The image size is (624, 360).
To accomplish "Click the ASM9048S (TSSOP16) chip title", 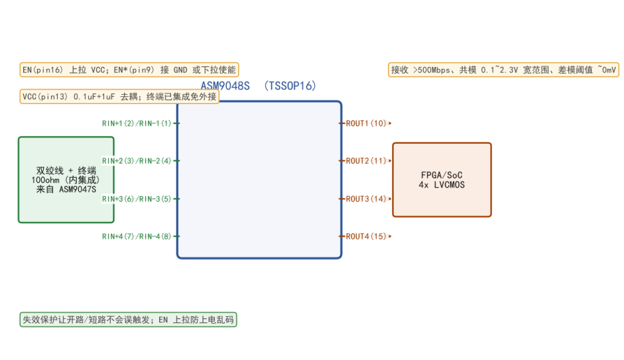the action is point(258,86).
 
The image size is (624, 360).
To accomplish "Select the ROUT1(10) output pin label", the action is point(366,123).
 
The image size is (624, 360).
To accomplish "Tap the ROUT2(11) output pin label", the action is point(366,160).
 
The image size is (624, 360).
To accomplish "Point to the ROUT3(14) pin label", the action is point(366,198).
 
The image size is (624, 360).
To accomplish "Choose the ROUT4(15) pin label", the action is point(366,236).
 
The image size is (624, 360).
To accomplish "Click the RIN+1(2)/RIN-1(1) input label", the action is point(137,123).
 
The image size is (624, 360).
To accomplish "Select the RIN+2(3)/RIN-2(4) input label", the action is point(137,160).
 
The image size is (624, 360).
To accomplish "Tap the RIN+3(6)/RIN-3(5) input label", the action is point(137,198).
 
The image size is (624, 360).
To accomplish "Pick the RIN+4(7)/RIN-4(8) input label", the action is point(137,236).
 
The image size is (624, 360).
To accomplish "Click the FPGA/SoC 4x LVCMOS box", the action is point(442,180).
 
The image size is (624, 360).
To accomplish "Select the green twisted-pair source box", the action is point(66,180).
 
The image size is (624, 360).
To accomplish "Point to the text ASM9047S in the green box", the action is point(78,190).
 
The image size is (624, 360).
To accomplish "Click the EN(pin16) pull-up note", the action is point(129,70).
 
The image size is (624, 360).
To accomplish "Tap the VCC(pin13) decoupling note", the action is point(119,97).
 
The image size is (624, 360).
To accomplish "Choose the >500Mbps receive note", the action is point(503,70).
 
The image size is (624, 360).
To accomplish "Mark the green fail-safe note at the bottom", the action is point(128,320).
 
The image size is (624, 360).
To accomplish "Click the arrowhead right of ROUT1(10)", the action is point(390,123).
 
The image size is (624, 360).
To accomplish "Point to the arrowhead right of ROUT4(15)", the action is point(390,236).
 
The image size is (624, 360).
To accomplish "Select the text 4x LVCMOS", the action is point(442,184).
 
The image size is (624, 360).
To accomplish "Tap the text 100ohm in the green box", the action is point(45,180).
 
